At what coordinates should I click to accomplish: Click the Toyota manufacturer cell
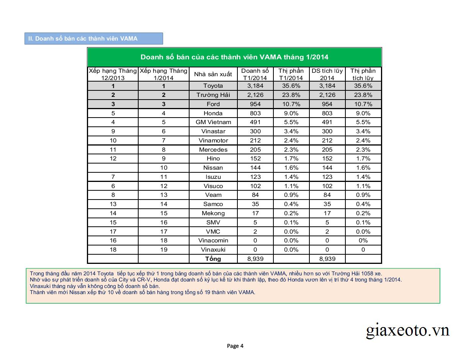(213, 86)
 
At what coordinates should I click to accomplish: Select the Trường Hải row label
(213, 95)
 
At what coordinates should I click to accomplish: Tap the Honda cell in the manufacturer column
(213, 113)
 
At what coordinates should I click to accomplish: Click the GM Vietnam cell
(213, 122)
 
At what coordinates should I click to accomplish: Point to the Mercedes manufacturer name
(213, 150)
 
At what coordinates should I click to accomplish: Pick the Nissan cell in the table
(213, 168)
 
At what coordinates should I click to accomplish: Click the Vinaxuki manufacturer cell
(213, 250)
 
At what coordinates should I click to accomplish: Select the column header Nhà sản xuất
(213, 74)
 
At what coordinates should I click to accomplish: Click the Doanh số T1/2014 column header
(255, 74)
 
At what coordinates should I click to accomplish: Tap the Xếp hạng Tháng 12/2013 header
(113, 74)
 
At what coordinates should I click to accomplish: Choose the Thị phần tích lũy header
(363, 74)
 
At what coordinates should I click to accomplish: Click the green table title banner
(234, 57)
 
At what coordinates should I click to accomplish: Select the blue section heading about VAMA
(93, 39)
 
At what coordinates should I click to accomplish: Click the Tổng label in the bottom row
(213, 259)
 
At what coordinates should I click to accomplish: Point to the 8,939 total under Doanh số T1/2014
(255, 259)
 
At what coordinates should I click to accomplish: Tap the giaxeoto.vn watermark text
(407, 330)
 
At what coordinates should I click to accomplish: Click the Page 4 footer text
(235, 346)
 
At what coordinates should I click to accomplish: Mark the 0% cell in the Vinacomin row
(363, 241)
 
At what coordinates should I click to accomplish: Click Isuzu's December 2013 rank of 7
(113, 177)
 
